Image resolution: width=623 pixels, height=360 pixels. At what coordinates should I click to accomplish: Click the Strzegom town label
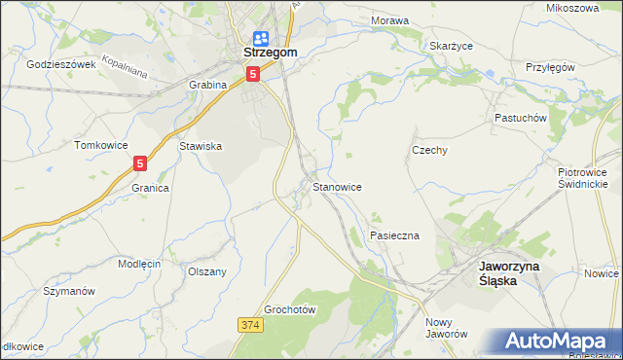(256, 54)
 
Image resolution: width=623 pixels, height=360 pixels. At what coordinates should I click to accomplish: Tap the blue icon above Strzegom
(257, 37)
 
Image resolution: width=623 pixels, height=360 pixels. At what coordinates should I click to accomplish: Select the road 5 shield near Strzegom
(253, 74)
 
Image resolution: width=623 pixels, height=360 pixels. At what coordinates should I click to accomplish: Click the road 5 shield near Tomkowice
(141, 164)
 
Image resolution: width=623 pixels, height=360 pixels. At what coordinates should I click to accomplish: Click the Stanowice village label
(337, 186)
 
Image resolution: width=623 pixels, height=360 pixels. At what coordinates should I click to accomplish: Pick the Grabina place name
(207, 85)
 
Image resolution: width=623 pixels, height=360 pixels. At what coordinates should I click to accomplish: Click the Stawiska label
(202, 146)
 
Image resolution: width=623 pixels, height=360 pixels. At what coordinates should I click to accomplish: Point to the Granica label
(151, 188)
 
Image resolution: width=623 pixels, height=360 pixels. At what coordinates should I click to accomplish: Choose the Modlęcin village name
(139, 264)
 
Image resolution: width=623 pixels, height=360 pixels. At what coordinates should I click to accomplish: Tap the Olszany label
(207, 272)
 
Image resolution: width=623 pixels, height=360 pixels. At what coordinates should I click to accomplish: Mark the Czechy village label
(429, 151)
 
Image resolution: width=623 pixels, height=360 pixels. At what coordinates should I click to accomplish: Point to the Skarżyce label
(451, 45)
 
